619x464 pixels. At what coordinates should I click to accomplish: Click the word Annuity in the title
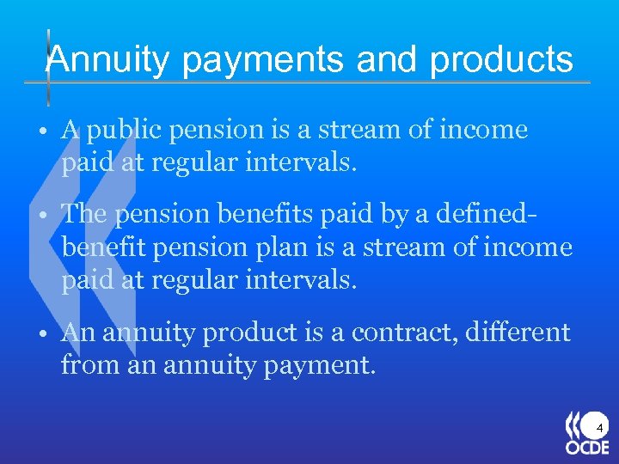108,60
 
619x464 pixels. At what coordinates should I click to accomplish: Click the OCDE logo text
586,448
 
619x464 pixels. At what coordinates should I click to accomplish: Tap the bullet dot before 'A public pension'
41,131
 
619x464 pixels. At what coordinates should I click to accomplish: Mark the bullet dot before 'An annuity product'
41,334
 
